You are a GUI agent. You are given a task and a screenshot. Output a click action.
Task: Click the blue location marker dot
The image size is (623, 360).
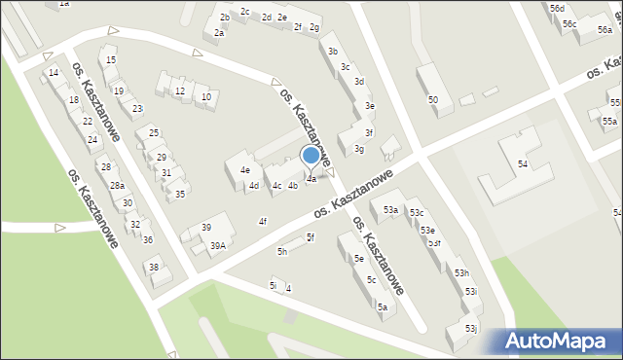point(311,155)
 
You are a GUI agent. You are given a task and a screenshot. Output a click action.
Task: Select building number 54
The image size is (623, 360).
point(523,164)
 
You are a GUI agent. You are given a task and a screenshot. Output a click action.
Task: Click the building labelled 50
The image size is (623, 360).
point(433,100)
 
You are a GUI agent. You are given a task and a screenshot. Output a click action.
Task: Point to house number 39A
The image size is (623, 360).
point(218,245)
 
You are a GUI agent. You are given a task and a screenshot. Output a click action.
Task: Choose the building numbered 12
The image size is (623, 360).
point(180,91)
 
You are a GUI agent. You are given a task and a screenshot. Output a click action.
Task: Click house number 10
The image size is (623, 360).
point(205,96)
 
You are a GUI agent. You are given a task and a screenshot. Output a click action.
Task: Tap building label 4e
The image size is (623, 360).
point(245,169)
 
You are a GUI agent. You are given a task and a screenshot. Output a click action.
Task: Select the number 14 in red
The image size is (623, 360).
point(54,72)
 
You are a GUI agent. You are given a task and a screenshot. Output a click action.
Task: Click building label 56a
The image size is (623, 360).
point(605,30)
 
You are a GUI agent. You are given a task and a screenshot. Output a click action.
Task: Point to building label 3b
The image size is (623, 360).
point(333,51)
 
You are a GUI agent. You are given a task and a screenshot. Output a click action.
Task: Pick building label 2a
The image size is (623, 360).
point(220,33)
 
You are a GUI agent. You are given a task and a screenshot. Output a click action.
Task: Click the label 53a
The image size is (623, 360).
point(390,209)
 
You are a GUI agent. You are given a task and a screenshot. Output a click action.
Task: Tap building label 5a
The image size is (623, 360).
point(383,306)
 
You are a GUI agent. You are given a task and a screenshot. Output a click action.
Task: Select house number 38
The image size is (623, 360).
point(153,267)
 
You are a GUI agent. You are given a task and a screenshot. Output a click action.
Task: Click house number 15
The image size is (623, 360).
point(111,60)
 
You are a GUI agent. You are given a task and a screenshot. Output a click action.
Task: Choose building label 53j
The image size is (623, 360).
point(470,329)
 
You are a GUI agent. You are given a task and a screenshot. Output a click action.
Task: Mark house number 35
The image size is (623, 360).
point(180,195)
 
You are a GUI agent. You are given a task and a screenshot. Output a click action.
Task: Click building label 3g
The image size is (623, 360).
point(359,149)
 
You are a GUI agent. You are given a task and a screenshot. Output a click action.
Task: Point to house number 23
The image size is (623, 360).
point(137,108)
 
